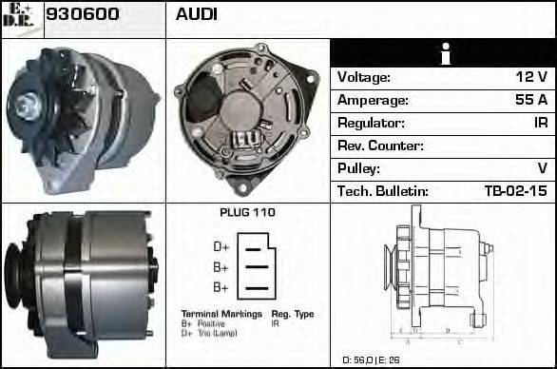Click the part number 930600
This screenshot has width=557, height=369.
tap(83, 14)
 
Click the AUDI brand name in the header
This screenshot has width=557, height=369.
tap(196, 14)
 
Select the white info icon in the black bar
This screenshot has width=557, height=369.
tap(443, 54)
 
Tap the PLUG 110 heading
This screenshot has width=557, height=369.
tap(247, 213)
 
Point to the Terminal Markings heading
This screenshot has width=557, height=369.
tap(221, 313)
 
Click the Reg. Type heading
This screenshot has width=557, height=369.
tap(293, 313)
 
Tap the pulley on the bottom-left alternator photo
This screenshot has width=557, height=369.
tap(13, 278)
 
